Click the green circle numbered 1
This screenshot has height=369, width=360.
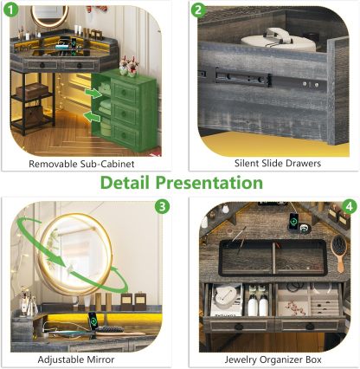(x=10, y=10)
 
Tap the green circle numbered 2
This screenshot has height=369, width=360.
(x=198, y=10)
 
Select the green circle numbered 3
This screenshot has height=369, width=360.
(x=163, y=206)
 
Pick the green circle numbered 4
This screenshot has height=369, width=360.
(x=350, y=206)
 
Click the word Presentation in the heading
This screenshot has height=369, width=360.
(x=209, y=183)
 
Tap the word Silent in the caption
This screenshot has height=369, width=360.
(x=247, y=163)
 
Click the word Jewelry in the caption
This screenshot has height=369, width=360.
(x=241, y=360)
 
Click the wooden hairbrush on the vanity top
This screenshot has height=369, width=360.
(x=339, y=253)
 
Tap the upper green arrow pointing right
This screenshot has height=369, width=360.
(x=93, y=93)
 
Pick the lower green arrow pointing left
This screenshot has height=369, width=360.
(x=92, y=116)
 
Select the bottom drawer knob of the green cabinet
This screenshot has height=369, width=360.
(x=124, y=135)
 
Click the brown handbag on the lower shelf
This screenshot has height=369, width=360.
(x=33, y=113)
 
